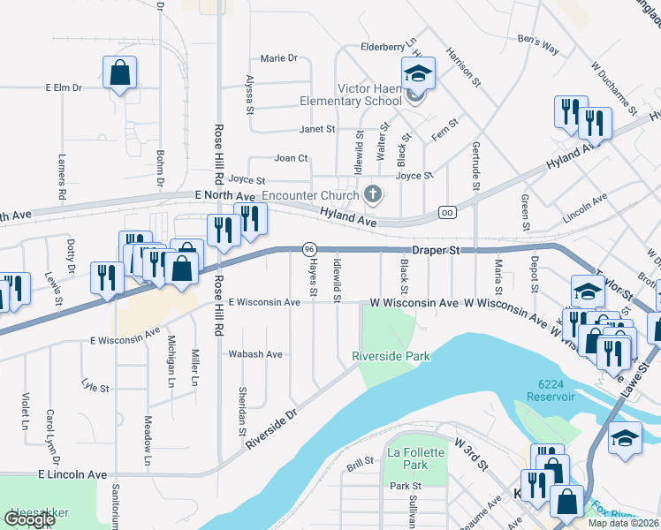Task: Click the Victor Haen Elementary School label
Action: tap(357, 95)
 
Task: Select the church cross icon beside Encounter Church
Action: tap(373, 194)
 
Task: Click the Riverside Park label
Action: tap(391, 356)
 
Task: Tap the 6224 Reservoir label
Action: tap(557, 390)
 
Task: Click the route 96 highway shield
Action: tap(309, 250)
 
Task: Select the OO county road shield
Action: tap(448, 212)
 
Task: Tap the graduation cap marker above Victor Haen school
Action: tap(418, 72)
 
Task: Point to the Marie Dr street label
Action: tap(279, 58)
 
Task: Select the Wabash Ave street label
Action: tap(255, 354)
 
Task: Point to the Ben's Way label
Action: tap(538, 44)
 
